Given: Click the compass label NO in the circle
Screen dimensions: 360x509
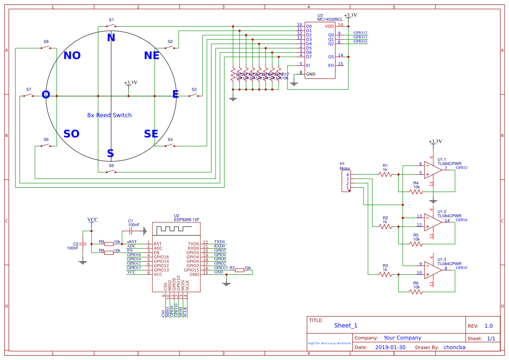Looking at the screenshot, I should [x=72, y=56].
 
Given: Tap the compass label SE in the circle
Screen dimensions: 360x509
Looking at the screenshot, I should [x=151, y=134].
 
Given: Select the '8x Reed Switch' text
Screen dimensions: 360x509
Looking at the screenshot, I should [x=109, y=115].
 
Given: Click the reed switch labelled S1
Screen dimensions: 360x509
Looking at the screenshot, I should [x=111, y=26].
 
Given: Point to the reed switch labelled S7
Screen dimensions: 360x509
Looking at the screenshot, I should [x=28, y=96].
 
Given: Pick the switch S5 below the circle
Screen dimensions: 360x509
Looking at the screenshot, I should [x=111, y=172].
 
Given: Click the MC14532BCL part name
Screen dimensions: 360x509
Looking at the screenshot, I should [x=330, y=20].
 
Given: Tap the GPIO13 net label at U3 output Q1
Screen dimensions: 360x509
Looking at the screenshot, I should [x=360, y=37].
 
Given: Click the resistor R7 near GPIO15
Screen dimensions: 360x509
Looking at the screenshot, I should [x=239, y=270].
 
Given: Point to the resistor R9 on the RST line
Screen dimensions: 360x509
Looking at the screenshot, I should [x=109, y=244].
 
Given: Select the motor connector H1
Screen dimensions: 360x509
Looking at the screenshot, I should [x=347, y=181].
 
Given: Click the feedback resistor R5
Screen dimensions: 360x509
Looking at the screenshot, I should [x=416, y=244].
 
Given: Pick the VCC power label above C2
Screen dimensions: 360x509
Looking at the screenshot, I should [x=92, y=220].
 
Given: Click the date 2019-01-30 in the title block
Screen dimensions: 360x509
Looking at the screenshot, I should [x=390, y=347].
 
